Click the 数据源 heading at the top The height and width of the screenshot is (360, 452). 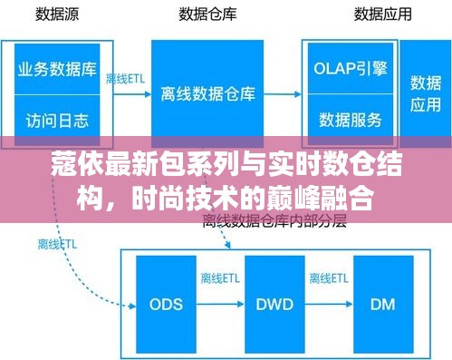[56, 15]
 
